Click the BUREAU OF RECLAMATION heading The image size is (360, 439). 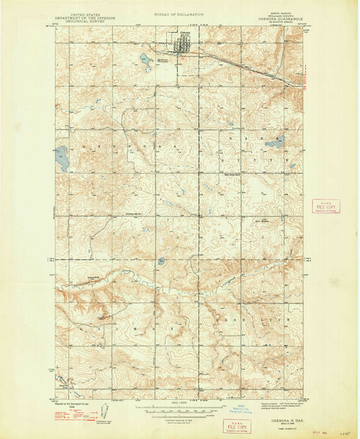point(179,12)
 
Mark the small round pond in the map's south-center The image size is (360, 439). point(161,261)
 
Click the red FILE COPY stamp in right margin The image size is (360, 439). point(326,207)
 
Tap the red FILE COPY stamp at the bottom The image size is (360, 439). point(236,425)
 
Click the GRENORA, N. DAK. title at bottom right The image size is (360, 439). point(282,419)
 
